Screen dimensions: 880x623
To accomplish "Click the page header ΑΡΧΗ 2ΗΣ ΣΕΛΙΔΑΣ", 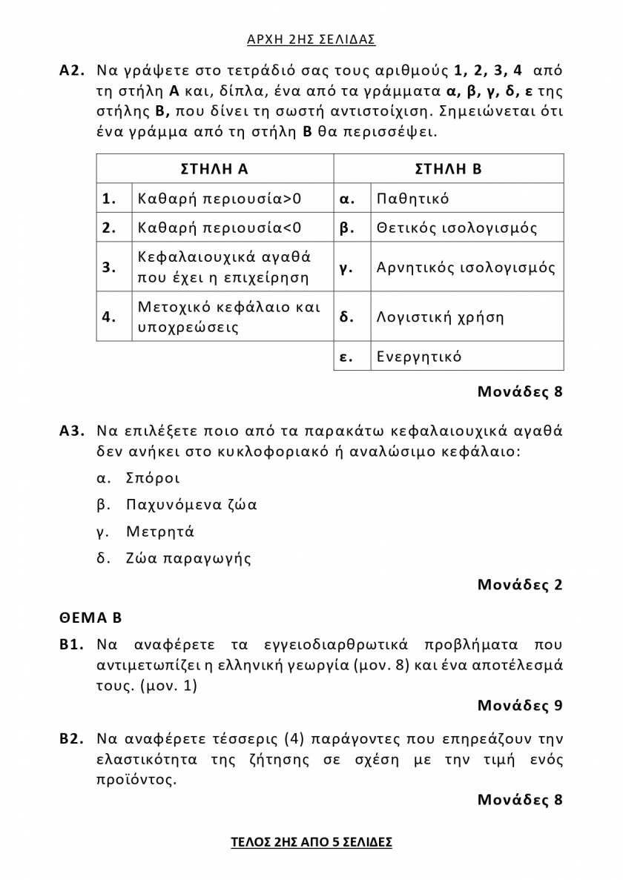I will point(311,39).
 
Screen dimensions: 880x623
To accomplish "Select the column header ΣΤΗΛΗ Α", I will point(214,168).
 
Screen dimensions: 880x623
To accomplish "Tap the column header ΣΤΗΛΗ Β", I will point(449,168).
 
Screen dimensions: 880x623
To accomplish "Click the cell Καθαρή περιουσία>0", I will point(220,199).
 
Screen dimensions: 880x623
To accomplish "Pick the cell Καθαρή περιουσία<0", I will point(220,228).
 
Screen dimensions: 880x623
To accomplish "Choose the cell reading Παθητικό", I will point(413,199).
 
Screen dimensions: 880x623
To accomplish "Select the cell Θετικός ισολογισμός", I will point(457,228).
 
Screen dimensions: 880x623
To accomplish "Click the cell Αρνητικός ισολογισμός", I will point(466,267).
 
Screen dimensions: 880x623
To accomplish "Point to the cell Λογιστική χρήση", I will point(441,317).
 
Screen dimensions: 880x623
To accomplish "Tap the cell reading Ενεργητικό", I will point(419,357).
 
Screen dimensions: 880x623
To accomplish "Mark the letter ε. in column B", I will point(345,357).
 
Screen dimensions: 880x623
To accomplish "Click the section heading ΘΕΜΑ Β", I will point(90,618).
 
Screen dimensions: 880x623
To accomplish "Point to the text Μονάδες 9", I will point(520,705).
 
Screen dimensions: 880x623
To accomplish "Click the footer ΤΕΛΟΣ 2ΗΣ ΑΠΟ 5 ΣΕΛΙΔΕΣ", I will point(311,842).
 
